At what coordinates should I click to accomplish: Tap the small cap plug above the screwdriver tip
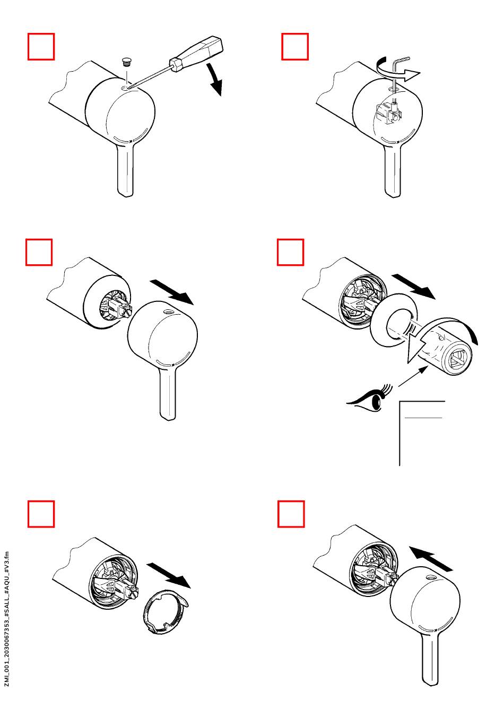[126, 62]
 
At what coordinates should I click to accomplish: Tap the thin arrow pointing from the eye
[412, 376]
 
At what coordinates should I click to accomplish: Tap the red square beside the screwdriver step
[41, 46]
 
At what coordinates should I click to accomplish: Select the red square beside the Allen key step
[294, 46]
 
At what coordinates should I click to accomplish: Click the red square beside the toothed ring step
[41, 514]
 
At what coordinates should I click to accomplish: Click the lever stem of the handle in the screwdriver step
[125, 169]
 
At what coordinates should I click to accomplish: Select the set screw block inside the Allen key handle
[389, 114]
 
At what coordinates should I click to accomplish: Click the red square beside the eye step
[290, 252]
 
